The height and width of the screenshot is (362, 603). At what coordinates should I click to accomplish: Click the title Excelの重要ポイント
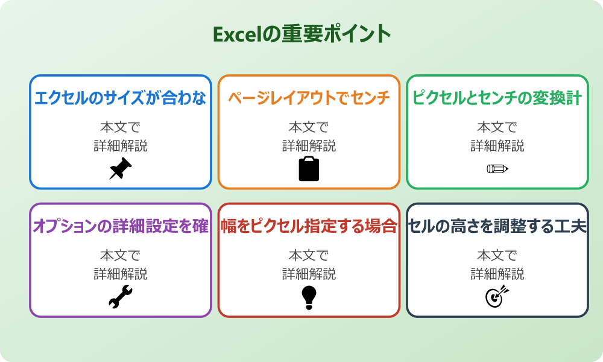301,34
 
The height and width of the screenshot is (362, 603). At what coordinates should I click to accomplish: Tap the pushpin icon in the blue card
121,169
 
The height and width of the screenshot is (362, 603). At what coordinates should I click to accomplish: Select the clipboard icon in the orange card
309,169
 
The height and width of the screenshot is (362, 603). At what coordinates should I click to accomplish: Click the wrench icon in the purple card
121,297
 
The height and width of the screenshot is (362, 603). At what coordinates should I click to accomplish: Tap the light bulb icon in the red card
309,297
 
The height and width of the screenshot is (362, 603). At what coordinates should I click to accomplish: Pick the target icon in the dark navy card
497,297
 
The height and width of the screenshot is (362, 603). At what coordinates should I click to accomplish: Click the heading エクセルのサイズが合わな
121,98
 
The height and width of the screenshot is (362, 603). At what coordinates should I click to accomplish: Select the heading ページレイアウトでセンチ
309,98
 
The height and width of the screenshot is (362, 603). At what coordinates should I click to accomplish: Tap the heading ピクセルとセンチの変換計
497,98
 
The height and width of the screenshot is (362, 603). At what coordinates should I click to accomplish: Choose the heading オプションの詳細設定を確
121,226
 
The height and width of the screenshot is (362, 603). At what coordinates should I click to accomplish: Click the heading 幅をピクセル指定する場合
309,226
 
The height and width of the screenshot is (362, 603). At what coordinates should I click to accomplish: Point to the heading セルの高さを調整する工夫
497,226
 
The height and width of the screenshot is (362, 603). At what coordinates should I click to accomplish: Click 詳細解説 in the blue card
121,145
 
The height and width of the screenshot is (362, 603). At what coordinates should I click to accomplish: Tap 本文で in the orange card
309,127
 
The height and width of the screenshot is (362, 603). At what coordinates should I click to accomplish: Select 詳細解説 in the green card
497,145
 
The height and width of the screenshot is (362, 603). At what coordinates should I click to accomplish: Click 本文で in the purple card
121,255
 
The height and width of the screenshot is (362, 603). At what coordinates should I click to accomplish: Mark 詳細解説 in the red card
309,273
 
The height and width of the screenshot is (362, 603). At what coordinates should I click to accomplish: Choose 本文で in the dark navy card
497,255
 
